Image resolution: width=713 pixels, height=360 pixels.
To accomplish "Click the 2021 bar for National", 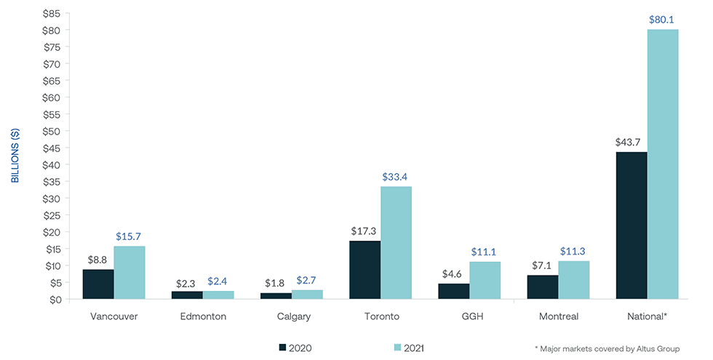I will point(662,164).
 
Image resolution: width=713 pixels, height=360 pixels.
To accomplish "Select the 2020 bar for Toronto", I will point(365,270).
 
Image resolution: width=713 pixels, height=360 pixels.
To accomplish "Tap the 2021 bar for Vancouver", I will point(130,273).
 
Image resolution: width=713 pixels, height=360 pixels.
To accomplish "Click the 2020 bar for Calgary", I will point(276,296).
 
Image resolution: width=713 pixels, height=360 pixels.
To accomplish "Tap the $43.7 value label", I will point(630,143).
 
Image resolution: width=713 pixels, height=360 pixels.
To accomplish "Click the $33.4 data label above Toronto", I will point(397,177).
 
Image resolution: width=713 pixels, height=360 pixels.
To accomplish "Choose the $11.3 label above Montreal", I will point(574,252).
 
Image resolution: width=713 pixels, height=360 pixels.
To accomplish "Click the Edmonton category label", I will point(202,317).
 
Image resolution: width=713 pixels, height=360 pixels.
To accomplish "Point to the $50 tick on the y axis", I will point(50,131).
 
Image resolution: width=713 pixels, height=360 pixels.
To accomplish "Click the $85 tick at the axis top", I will point(50,13).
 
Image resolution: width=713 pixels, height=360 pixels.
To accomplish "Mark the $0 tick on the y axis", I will point(53,299).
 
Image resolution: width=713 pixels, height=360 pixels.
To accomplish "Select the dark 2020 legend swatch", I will point(283,348).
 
